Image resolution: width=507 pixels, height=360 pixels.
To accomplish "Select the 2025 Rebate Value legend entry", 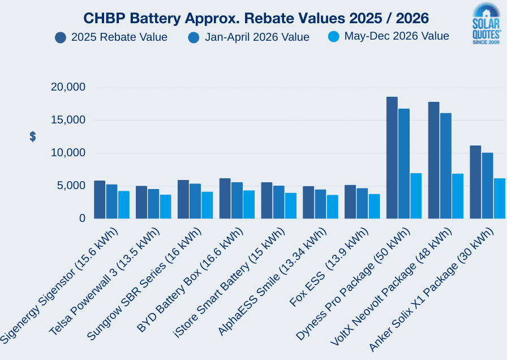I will tap(111, 37).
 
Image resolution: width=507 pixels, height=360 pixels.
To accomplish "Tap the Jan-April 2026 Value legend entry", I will tap(249, 37).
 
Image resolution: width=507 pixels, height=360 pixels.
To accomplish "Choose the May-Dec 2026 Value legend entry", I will tap(389, 36).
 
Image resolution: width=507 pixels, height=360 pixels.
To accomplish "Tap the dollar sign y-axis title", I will tap(33, 136).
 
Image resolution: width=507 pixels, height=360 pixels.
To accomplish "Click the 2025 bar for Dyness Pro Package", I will tap(392, 158).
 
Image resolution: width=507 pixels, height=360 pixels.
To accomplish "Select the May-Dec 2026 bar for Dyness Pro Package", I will tap(416, 196).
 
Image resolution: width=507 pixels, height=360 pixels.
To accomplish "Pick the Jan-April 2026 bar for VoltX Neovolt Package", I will tap(445, 166).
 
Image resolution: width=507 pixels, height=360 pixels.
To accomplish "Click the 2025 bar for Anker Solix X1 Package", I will tap(475, 182).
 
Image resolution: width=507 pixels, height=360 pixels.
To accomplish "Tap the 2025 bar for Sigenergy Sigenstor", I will tap(100, 199).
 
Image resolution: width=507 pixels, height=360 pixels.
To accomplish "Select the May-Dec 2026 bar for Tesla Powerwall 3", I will tap(165, 207).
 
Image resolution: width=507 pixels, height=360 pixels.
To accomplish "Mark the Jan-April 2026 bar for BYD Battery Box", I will tap(237, 200).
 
